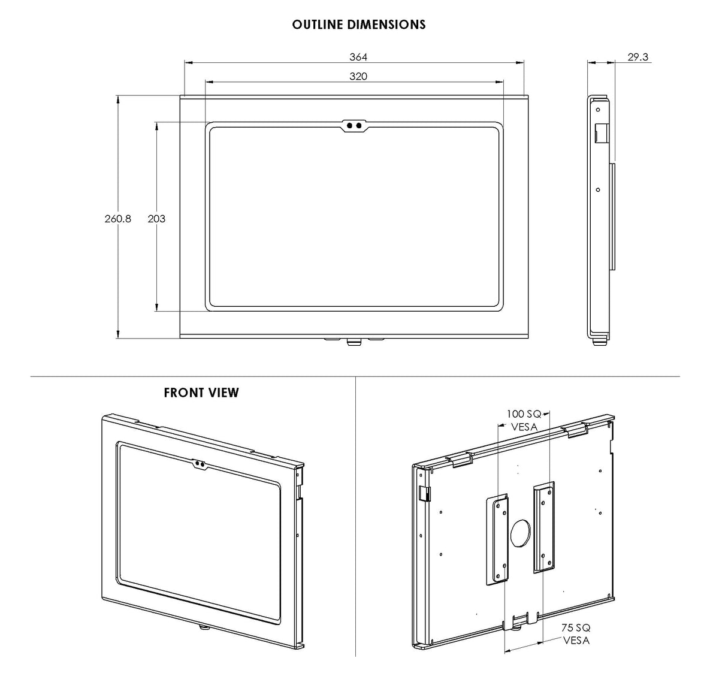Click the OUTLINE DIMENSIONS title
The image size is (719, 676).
(359, 25)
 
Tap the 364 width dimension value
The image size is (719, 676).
(358, 57)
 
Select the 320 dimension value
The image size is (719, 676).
(358, 76)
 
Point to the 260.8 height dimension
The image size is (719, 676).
(117, 219)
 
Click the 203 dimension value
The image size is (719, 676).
(156, 219)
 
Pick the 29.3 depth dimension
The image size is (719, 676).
(638, 57)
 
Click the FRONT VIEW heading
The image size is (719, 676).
(201, 393)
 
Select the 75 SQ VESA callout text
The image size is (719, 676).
(576, 634)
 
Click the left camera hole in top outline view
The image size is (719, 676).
(349, 126)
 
